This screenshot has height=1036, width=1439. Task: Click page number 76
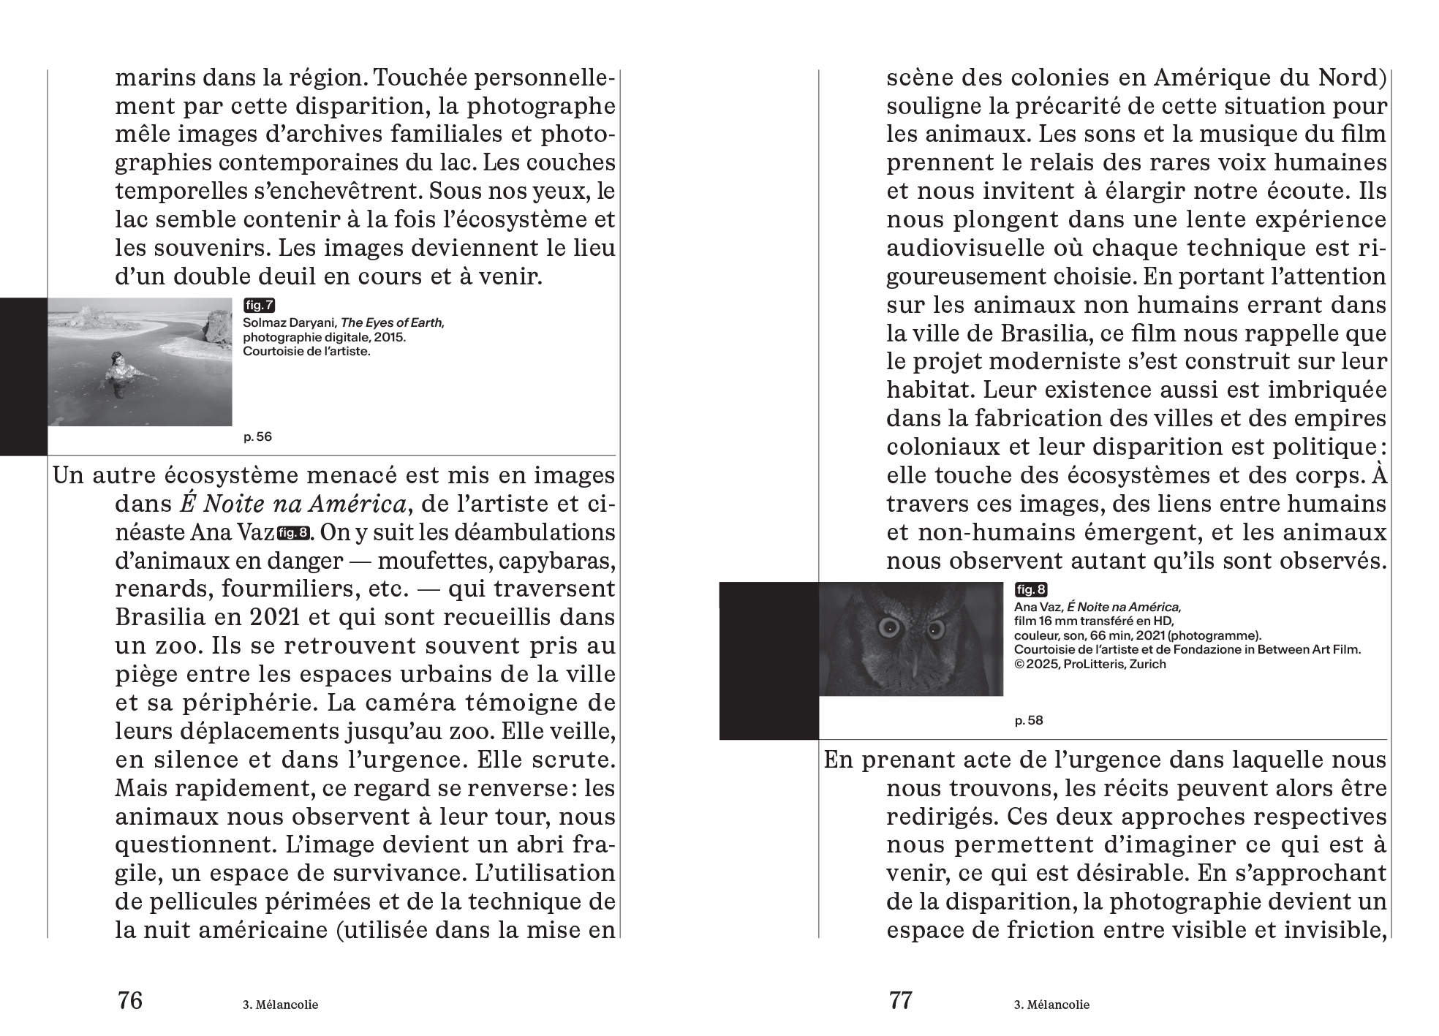pos(130,1000)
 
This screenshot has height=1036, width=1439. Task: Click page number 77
pos(901,1000)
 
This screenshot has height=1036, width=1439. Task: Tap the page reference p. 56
pos(257,437)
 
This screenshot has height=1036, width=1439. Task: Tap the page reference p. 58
pos(1029,721)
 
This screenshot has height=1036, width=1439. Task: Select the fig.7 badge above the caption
pos(259,306)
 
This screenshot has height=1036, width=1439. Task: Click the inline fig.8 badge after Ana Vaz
pos(292,533)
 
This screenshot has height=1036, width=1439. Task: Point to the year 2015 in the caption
pos(388,337)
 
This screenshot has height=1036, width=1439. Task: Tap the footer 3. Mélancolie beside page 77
pos(1051,1005)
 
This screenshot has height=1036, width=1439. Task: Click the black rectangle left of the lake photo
pos(23,377)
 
